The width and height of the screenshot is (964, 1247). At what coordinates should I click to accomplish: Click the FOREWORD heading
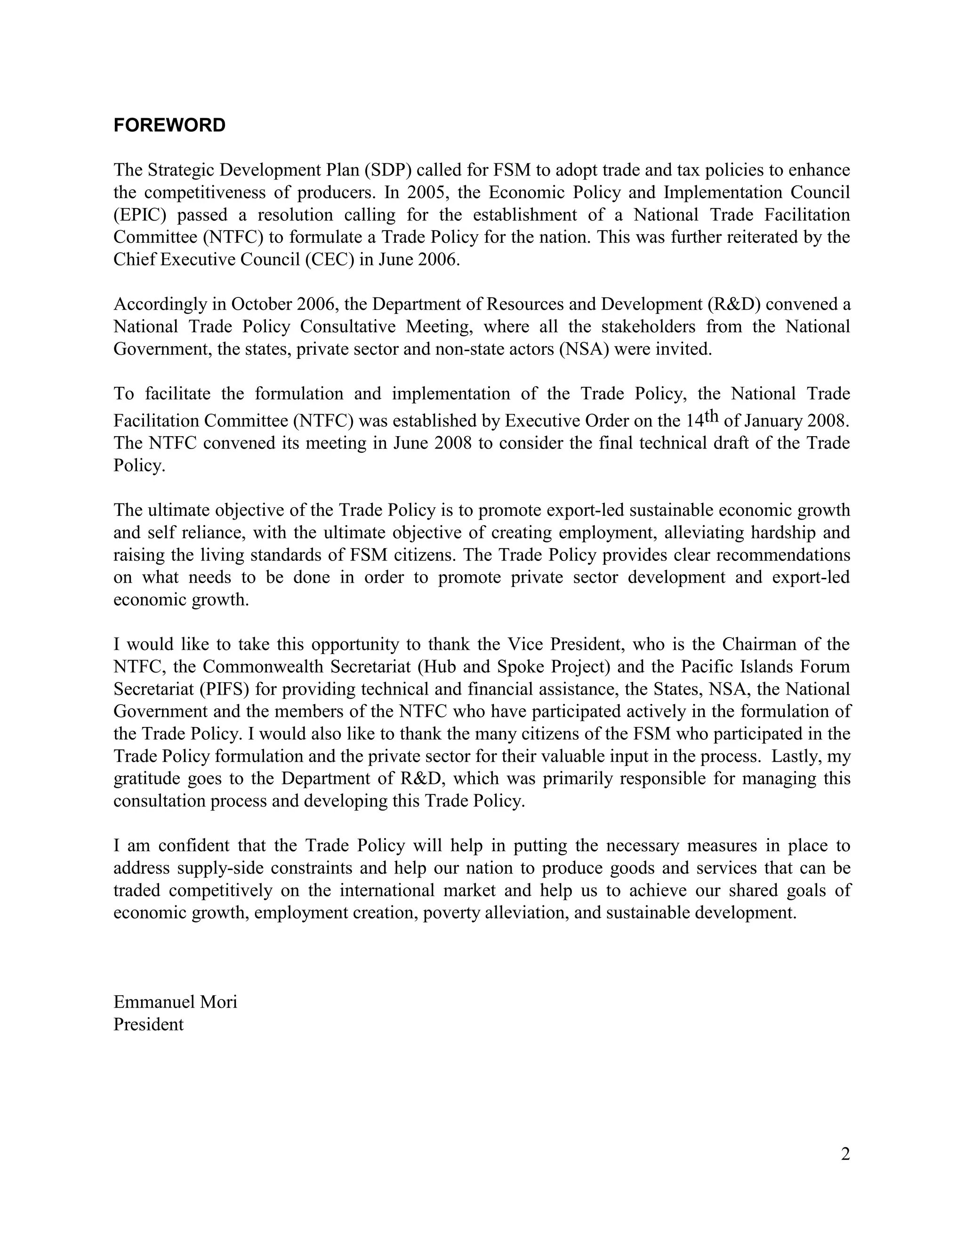pos(169,125)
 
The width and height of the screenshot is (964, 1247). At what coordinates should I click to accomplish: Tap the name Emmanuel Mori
pos(175,1001)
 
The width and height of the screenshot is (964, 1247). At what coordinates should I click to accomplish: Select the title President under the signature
pos(148,1024)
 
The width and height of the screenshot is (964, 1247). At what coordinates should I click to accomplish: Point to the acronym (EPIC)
pos(139,215)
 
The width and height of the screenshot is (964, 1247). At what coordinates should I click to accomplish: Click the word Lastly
pos(797,757)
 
